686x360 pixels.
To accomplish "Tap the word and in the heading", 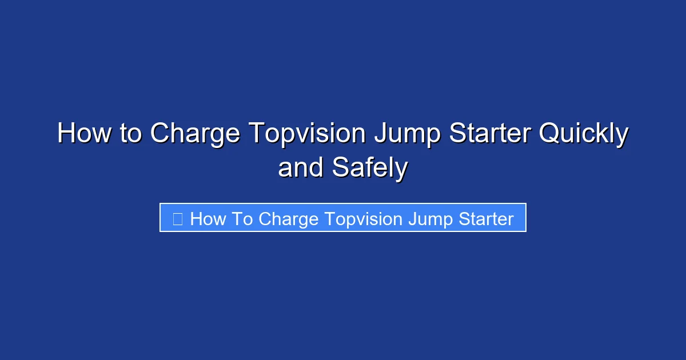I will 300,168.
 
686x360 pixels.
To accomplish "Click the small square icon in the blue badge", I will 178,219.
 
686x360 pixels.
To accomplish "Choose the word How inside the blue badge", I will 208,219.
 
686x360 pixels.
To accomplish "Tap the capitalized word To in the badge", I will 242,219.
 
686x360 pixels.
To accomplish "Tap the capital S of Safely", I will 340,168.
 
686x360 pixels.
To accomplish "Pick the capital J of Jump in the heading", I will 378,134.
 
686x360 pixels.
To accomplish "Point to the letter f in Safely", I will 370,167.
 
